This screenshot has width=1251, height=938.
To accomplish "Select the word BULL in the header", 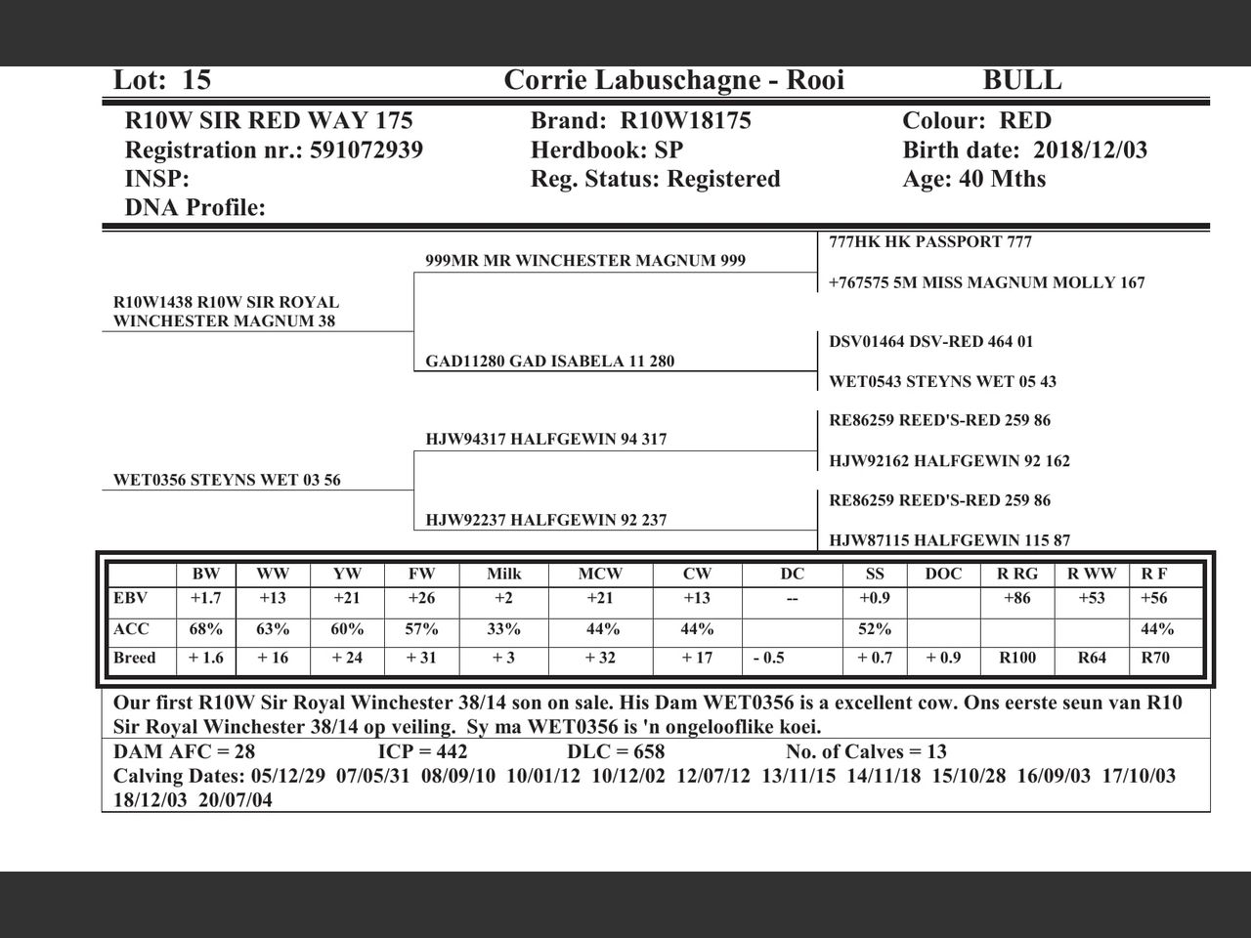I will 1021,80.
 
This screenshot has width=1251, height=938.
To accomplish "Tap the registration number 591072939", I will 367,150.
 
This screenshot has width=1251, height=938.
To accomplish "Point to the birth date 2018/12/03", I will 1090,150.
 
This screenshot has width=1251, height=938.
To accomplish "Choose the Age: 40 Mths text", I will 973,180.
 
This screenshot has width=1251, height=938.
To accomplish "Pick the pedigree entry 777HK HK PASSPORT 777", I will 929,242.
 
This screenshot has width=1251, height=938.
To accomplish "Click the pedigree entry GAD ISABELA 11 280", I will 549,362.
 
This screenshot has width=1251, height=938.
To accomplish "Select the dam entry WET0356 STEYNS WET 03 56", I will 227,481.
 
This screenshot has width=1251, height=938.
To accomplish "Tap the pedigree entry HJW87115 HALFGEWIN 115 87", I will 949,540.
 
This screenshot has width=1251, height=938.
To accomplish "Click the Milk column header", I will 503,575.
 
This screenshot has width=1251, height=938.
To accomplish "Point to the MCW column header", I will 599,575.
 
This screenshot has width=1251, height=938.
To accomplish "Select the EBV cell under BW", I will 205,598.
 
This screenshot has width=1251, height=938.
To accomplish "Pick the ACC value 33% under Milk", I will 503,629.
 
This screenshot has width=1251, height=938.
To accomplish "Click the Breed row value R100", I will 1016,659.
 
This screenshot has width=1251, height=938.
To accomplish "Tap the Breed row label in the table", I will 135,659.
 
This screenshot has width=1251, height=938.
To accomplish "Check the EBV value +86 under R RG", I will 1016,598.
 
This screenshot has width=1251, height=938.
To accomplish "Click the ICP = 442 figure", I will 422,752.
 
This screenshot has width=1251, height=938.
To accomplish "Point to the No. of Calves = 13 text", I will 866,752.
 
